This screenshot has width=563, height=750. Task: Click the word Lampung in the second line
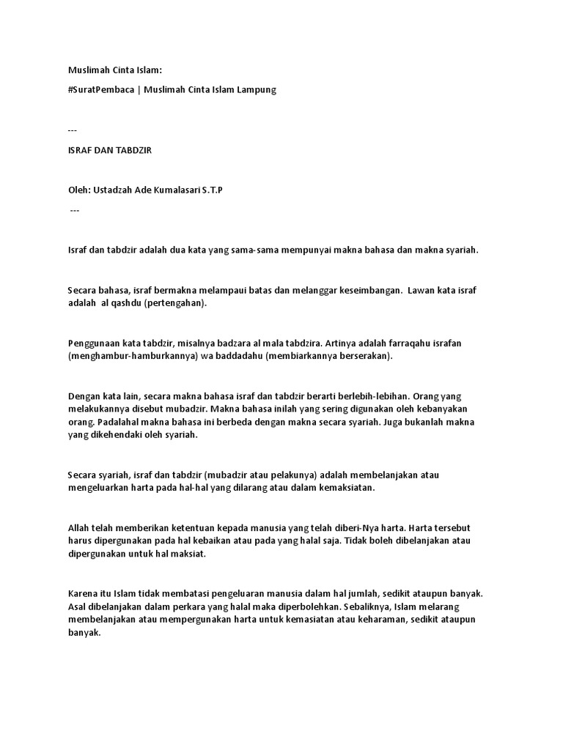[257, 89]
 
